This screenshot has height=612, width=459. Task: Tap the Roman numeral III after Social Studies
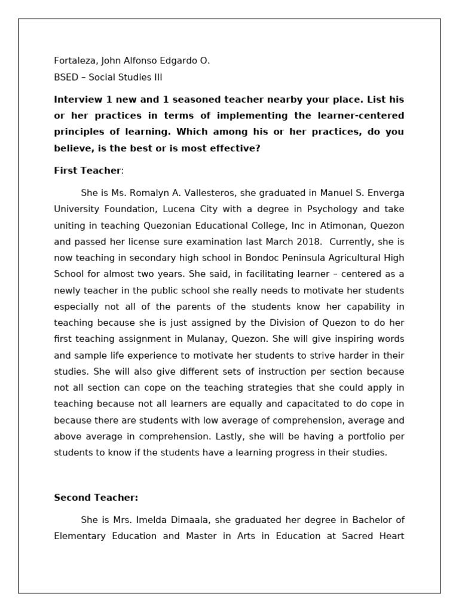point(156,78)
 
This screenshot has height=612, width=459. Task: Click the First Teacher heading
point(87,171)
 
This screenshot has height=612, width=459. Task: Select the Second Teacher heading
point(96,497)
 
